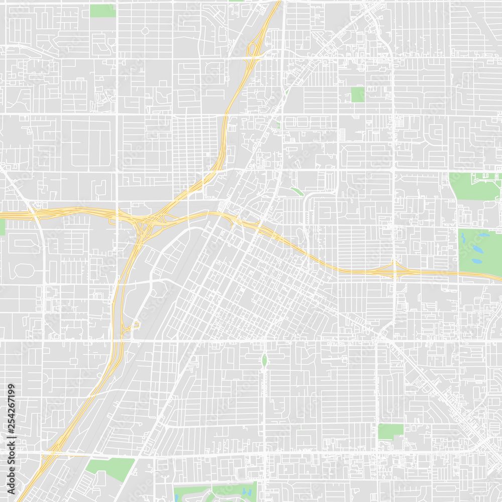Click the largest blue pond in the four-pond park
tap(478, 249)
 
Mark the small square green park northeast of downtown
tap(357, 94)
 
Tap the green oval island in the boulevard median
tap(265, 360)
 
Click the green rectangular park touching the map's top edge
tap(102, 11)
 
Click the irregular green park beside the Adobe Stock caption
tap(110, 467)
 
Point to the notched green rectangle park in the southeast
tap(390, 431)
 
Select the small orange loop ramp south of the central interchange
tap(135, 326)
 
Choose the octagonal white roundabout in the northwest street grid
tap(145, 31)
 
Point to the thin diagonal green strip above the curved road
tap(297, 191)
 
